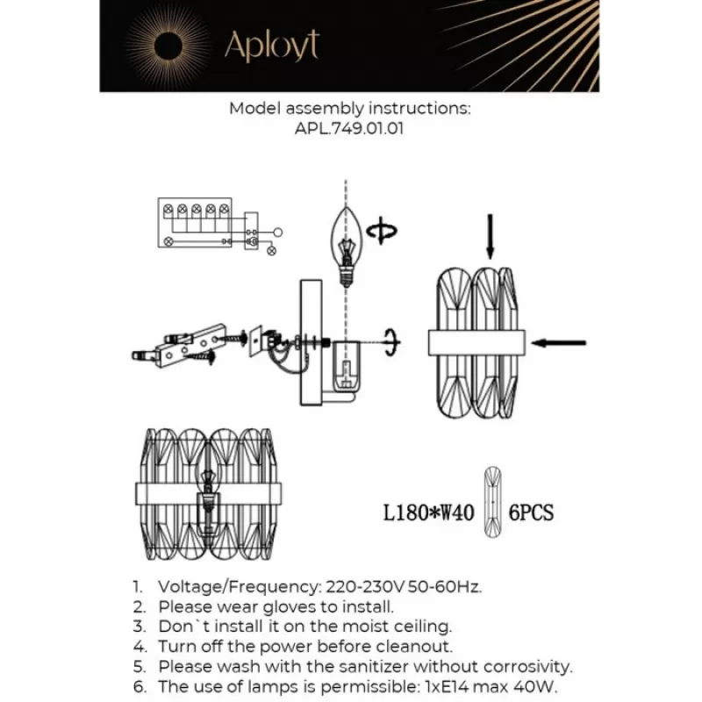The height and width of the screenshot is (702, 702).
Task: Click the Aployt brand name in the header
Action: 272,46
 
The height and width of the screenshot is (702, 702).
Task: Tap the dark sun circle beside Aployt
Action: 168,47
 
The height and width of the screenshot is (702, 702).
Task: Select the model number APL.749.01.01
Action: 349,129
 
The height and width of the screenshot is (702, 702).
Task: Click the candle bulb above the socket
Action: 346,246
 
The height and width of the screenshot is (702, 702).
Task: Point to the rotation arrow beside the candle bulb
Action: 382,231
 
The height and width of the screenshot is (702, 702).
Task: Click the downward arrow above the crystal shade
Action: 491,237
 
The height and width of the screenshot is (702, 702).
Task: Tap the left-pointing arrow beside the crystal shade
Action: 559,343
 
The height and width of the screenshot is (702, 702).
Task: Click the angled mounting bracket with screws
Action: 188,345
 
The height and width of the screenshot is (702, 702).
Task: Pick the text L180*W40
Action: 428,512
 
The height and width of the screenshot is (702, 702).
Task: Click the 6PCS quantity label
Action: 532,512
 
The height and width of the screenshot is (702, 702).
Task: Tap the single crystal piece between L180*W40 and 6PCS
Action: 492,502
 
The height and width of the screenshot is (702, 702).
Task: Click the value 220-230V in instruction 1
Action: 365,586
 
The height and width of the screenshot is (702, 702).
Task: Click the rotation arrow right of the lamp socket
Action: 392,343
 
